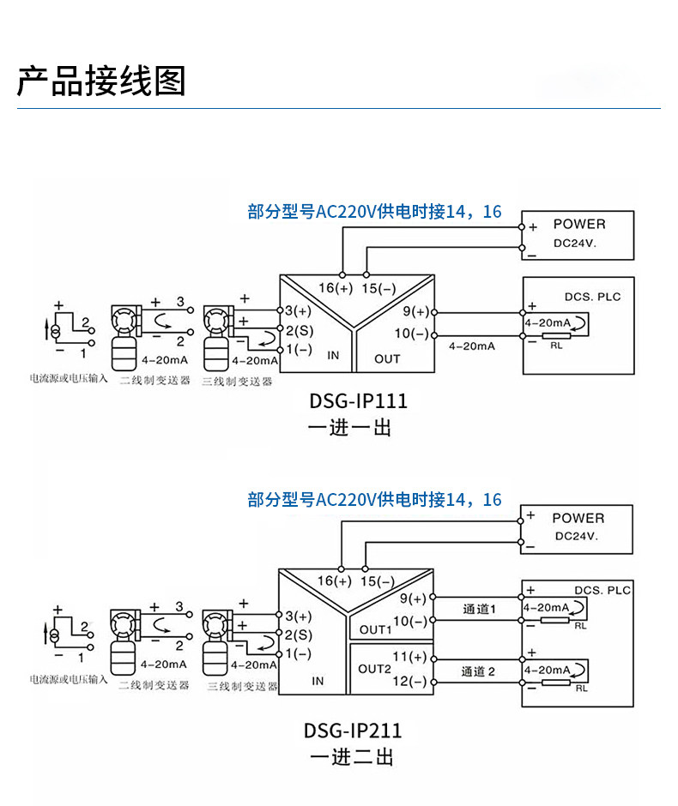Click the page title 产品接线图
point(101,81)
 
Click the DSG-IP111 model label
point(358,401)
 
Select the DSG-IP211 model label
point(353,731)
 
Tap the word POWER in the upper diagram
point(579,224)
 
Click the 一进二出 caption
point(352,757)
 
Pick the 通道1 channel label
point(480,609)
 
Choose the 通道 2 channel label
point(479,671)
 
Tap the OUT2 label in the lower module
point(374,669)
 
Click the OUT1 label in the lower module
point(375,629)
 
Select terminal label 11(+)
point(409,657)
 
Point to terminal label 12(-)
point(409,682)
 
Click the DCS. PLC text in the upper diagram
point(592,297)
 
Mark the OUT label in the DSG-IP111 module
point(387,358)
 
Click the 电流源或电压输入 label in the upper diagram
point(70,377)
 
